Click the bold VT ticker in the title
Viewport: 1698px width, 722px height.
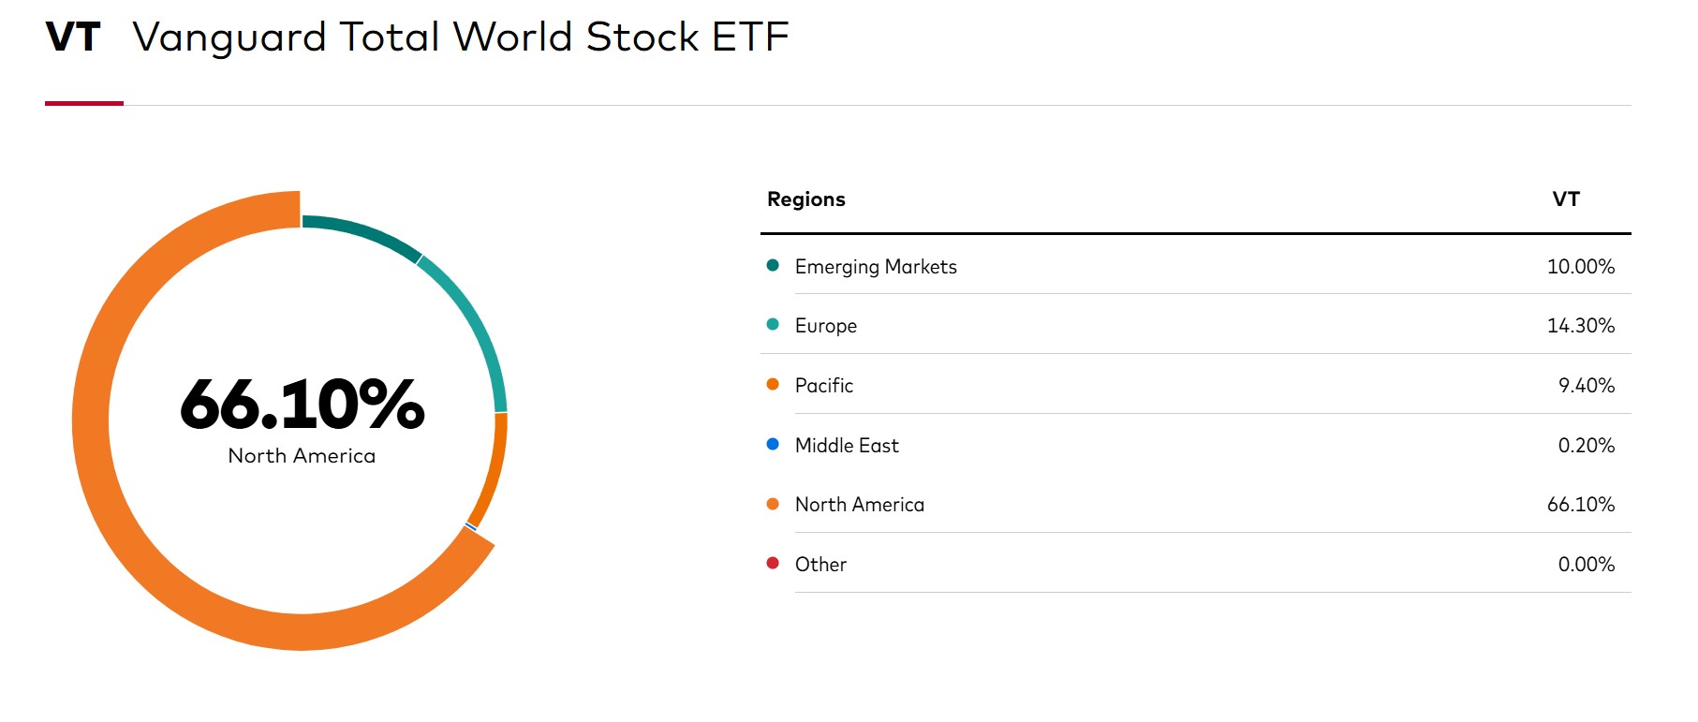(73, 37)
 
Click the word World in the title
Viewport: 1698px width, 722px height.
(512, 37)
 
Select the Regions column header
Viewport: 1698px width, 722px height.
(805, 199)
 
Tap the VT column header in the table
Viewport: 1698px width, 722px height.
(1566, 199)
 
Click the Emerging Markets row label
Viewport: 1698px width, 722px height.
(876, 267)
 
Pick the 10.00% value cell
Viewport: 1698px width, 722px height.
(1581, 267)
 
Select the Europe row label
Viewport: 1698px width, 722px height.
(826, 326)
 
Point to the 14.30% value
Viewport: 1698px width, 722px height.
(1581, 326)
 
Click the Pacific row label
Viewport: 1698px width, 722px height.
(824, 386)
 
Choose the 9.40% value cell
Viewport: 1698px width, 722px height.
(1587, 386)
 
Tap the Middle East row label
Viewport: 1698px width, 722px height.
(847, 446)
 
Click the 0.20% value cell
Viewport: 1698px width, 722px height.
(1587, 446)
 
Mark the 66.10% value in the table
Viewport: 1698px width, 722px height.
(1581, 505)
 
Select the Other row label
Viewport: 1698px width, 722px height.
(820, 565)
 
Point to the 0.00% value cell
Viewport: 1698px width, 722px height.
(1587, 565)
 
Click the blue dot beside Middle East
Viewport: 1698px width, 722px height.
(773, 444)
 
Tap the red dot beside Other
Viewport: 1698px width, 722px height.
(773, 563)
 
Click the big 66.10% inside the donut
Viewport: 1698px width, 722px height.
(302, 405)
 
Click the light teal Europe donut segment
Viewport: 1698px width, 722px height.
(476, 323)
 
